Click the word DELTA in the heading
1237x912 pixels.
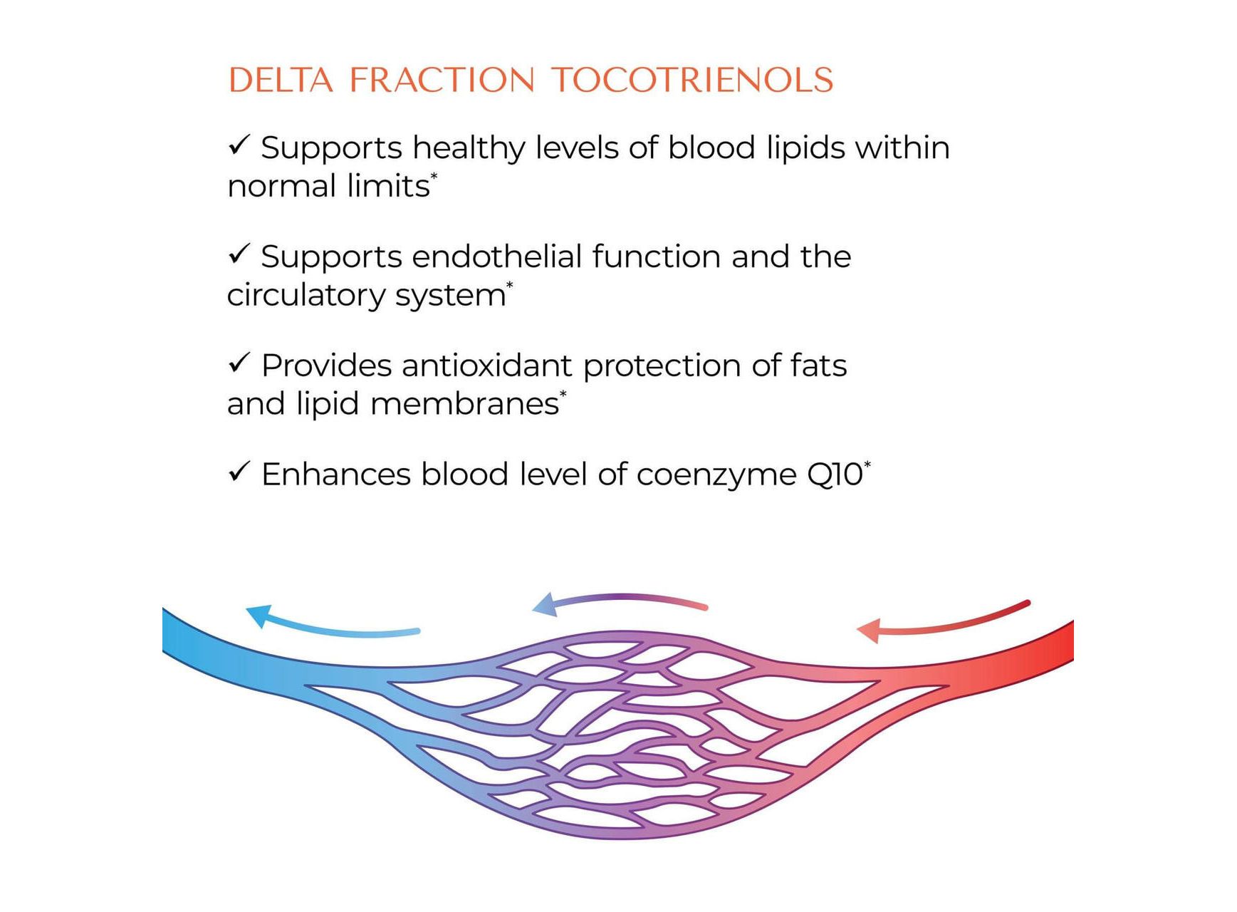coord(281,80)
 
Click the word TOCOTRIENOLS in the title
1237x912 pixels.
coord(692,80)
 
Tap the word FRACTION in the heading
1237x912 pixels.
coord(442,80)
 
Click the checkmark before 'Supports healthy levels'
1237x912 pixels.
coord(239,145)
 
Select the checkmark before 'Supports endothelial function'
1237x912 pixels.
coord(239,254)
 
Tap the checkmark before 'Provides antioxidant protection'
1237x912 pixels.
coord(239,363)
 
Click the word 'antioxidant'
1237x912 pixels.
coord(487,366)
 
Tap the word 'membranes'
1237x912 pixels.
coord(464,404)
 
